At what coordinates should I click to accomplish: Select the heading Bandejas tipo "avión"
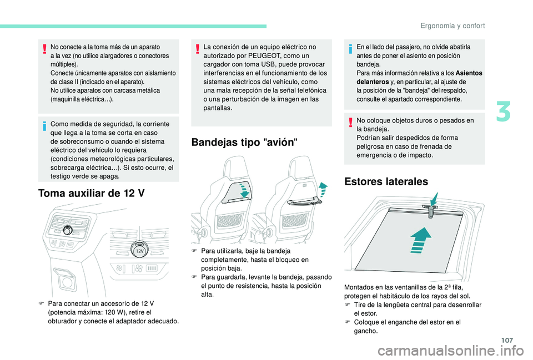point(244,141)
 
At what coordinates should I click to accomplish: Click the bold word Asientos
point(469,73)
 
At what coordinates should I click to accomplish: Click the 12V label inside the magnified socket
point(140,252)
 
